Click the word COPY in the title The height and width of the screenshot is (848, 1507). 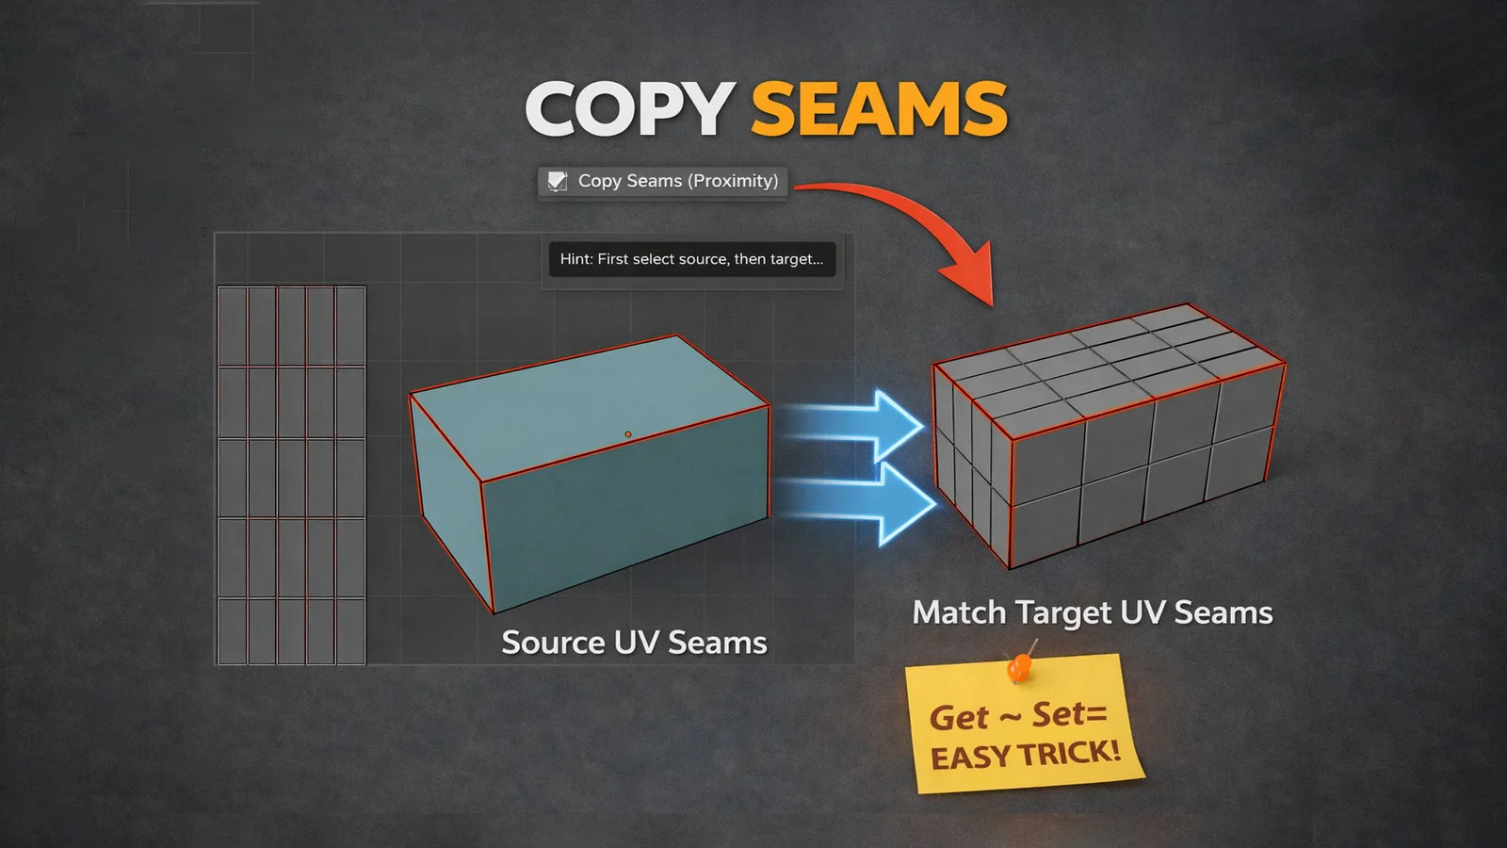point(630,109)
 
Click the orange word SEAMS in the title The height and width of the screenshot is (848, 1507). point(879,109)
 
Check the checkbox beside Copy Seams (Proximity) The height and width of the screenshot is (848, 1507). point(557,181)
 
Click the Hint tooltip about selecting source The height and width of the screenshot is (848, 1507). point(692,259)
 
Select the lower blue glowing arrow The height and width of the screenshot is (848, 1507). point(858,501)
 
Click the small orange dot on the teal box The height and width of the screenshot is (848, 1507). point(627,434)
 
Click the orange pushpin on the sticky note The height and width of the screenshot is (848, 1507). point(1020,666)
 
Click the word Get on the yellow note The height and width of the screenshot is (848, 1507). point(959,717)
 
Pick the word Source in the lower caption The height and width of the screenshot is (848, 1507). point(553,643)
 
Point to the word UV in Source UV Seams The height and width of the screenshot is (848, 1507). point(637,643)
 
